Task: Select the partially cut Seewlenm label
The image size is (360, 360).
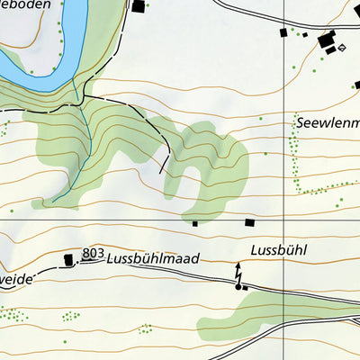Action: point(327,122)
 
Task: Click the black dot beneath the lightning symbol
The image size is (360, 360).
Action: point(238,287)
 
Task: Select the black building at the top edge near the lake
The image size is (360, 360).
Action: point(138,6)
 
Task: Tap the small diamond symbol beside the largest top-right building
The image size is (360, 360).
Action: point(342,47)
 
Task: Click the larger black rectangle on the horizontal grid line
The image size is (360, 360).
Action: point(249,222)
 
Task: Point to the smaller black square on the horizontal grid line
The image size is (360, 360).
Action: point(195,222)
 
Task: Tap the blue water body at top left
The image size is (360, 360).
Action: point(36,63)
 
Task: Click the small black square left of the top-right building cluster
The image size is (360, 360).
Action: point(283,32)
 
